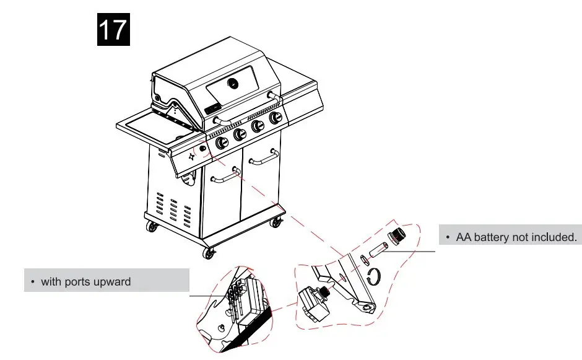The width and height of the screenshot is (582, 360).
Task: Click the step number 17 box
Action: [x=113, y=29]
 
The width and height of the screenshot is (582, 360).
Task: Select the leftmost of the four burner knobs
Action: [x=220, y=143]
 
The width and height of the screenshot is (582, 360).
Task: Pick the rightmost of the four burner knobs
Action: [x=274, y=117]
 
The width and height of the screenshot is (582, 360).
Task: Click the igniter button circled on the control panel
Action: [x=202, y=149]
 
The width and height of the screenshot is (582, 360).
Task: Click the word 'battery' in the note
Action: [x=493, y=237]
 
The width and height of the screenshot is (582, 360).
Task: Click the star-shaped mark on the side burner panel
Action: [x=191, y=157]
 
